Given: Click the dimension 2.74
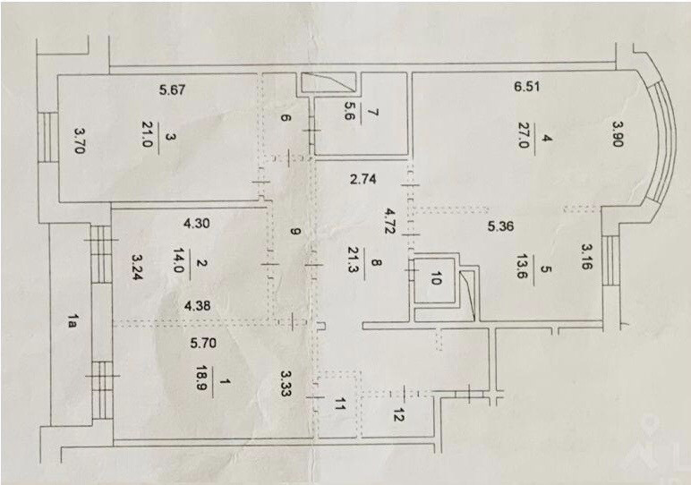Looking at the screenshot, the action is (363, 179).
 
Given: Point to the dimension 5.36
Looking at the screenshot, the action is (502, 227).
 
